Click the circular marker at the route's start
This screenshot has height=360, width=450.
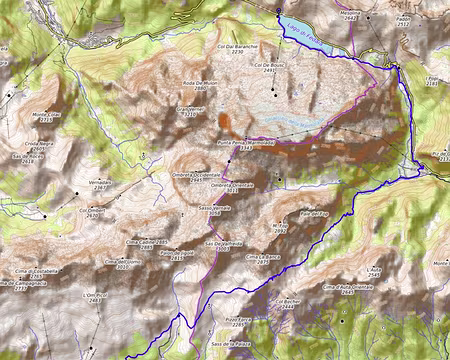pyautogui.click(x=278, y=10)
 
